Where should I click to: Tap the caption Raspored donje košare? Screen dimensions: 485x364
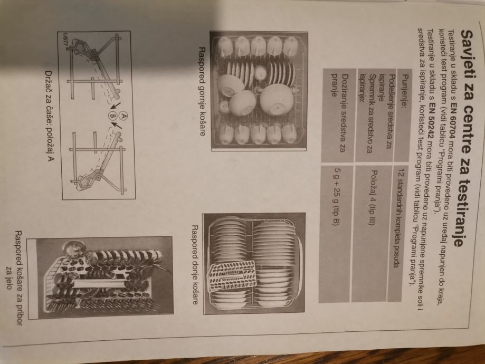click(194, 265)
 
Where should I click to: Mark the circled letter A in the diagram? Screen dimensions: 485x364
click(123, 116)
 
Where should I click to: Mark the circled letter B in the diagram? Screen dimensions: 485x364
click(112, 117)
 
